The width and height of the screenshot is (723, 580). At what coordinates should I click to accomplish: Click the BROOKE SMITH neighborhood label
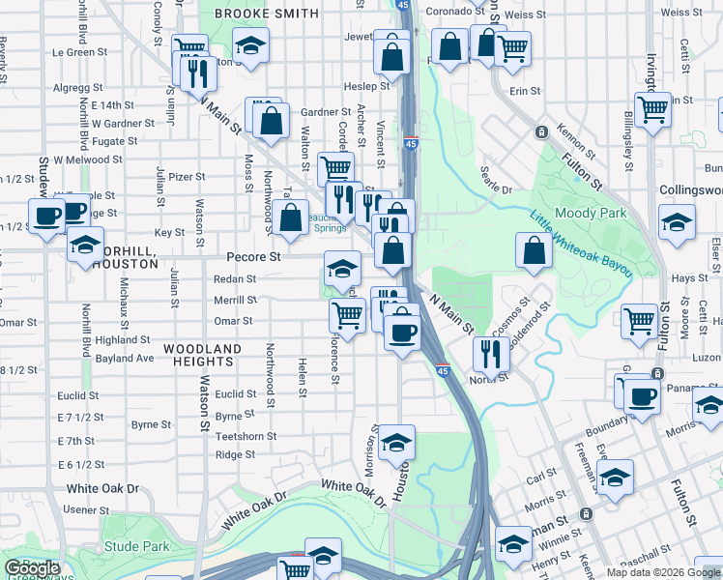point(266,14)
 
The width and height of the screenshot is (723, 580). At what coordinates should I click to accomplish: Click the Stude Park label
point(136,546)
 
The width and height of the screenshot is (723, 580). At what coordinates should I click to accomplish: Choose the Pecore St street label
point(253,258)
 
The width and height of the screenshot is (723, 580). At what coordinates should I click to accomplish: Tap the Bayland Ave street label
point(125,359)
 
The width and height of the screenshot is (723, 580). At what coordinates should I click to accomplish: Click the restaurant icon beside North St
point(492,355)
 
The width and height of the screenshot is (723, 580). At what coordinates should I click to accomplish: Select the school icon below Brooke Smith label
point(251,46)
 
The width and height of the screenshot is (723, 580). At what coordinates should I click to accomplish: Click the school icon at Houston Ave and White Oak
point(396,442)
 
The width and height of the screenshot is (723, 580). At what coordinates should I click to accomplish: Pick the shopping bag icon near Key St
point(290,217)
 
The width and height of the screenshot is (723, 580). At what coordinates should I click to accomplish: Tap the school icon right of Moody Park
point(677,222)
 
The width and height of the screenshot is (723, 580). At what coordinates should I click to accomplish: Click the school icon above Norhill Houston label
point(86,244)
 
